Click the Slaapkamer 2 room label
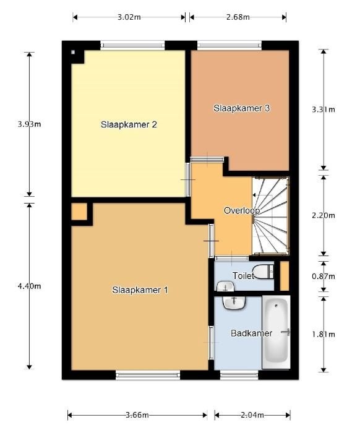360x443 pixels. pos(129,124)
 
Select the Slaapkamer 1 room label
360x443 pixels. pos(140,290)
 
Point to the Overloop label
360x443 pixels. pos(241,210)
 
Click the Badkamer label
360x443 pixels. pos(251,333)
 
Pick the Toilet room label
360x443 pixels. pos(243,276)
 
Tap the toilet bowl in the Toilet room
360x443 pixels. pos(265,272)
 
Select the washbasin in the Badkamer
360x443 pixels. pos(233,303)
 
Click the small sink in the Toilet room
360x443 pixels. pos(225,286)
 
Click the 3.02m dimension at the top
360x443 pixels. pos(129,17)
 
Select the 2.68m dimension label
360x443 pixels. pos(237,17)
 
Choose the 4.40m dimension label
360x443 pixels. pos(29,286)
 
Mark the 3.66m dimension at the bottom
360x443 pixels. pos(137,415)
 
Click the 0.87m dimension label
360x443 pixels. pos(322,275)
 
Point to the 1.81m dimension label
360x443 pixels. pos(322,335)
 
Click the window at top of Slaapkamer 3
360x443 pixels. pos(229,45)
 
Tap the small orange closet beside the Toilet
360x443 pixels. pos(284,277)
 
